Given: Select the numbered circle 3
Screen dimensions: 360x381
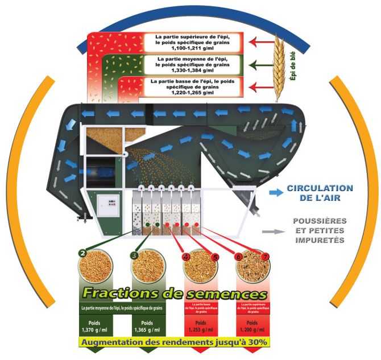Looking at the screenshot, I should [134, 255].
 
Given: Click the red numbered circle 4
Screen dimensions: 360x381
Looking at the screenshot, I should [187, 256].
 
